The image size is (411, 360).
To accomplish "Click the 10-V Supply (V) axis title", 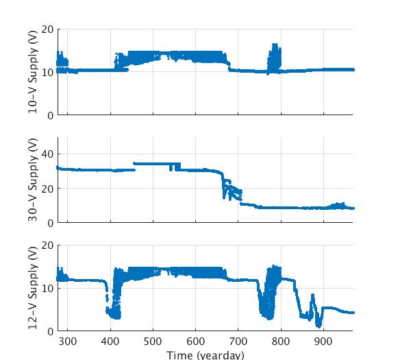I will [33, 72].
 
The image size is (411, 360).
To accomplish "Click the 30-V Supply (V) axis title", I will [33, 180].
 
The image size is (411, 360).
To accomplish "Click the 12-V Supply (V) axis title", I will [33, 288].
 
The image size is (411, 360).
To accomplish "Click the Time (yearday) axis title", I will [206, 355].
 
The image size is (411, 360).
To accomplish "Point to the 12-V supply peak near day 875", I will [312, 296].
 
